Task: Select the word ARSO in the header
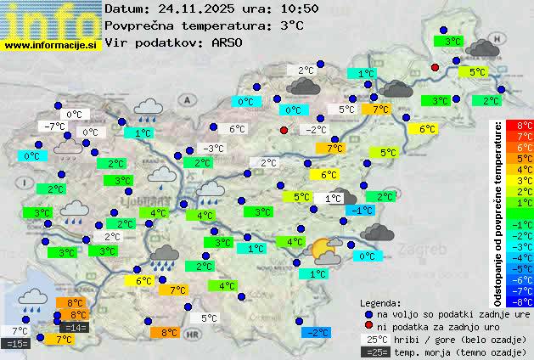pyautogui.click(x=229, y=42)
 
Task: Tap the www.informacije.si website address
pyautogui.click(x=51, y=44)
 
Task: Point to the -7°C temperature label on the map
pyautogui.click(x=55, y=126)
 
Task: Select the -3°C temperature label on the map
pyautogui.click(x=213, y=148)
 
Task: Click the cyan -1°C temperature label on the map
pyautogui.click(x=363, y=210)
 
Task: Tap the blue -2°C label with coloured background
pyautogui.click(x=316, y=333)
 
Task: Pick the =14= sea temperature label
pyautogui.click(x=74, y=328)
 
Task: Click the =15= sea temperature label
pyautogui.click(x=16, y=343)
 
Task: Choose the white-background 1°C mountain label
pyautogui.click(x=333, y=198)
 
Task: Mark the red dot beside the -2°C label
pyautogui.click(x=284, y=130)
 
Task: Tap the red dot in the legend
pyautogui.click(x=368, y=326)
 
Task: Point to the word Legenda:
pyautogui.click(x=380, y=302)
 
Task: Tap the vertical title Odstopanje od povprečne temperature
pyautogui.click(x=500, y=212)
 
